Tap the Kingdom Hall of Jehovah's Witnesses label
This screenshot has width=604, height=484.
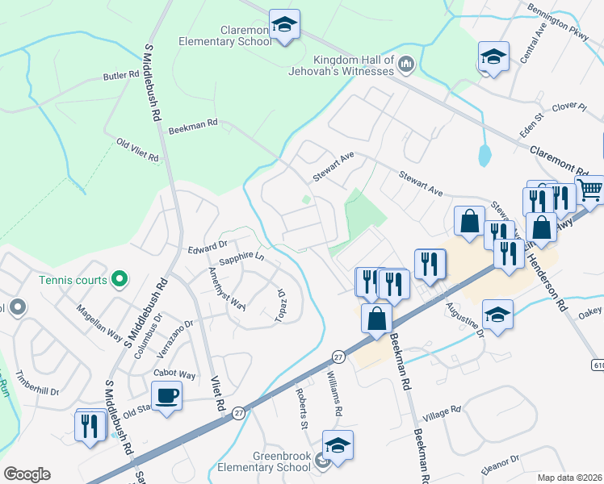[x=354, y=65]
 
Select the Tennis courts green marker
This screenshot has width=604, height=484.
[x=120, y=279]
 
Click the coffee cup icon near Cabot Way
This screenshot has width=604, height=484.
[x=167, y=396]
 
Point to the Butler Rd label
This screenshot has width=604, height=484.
[x=121, y=76]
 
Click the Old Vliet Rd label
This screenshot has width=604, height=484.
[x=138, y=151]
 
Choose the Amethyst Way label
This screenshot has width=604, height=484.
[x=226, y=289]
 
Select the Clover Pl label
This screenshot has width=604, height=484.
[x=569, y=106]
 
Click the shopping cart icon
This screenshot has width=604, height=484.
[x=590, y=190]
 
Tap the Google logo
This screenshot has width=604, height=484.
[x=27, y=474]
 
